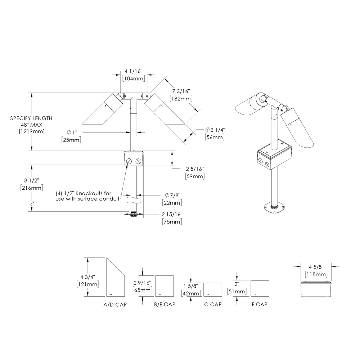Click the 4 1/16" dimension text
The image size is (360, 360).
pos(134,71)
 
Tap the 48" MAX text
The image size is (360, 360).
pos(31,125)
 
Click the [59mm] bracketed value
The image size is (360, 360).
pos(195,176)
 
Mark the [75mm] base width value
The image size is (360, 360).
pos(171,221)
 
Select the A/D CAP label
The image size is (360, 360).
pos(115,305)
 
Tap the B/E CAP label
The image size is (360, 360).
pos(165,305)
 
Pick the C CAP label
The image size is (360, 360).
pos(213,305)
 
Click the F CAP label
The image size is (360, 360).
pos(259,305)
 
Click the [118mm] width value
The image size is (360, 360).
pos(316,275)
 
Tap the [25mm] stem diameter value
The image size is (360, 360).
pos(71,140)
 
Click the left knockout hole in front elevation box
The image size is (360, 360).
pos(129,161)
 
